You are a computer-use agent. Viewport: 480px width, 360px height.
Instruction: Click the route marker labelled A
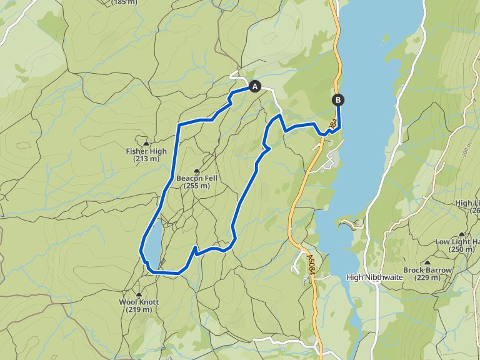coord(254,86)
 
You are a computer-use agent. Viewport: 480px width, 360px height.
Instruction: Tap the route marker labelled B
coord(338,99)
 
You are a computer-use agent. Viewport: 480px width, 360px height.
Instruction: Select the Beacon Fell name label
coord(196,178)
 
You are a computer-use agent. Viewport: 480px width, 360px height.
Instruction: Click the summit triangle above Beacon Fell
coord(197,171)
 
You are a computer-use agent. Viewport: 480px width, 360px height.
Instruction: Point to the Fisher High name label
coord(146,151)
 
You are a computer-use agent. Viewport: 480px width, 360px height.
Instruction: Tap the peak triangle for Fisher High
coord(146,144)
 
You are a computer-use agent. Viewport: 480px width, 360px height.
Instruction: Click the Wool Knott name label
coord(139,302)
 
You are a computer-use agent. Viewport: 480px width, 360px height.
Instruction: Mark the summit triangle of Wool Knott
coord(139,294)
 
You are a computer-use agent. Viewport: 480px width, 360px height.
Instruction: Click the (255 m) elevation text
coord(196,186)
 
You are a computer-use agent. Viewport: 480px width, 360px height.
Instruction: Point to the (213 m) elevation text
coord(146,159)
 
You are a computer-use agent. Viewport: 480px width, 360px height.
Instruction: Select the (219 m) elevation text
coord(139,309)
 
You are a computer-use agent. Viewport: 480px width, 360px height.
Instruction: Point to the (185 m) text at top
coord(125,2)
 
